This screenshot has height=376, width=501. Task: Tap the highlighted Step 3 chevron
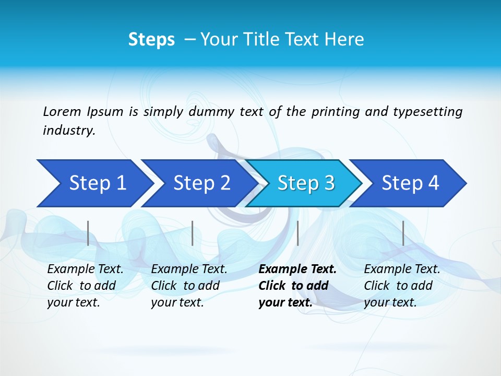[x=306, y=183]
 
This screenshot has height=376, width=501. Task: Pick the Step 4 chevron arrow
[x=410, y=183]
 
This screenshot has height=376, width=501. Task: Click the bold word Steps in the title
[x=151, y=40]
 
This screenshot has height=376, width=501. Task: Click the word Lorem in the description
[x=62, y=112]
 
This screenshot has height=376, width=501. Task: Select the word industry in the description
[x=68, y=131]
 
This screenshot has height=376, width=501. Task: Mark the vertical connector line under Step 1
[x=88, y=233]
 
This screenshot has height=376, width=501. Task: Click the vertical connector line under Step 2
[x=193, y=233]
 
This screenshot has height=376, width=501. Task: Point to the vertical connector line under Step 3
[x=297, y=233]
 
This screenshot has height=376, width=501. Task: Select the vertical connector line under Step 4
[x=403, y=233]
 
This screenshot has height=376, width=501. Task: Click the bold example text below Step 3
[x=296, y=286]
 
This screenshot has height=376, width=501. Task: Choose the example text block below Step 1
[x=85, y=286]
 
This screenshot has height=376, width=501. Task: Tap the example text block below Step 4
[x=402, y=286]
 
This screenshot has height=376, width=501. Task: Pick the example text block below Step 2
[x=189, y=286]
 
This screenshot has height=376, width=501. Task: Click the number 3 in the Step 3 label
[x=329, y=183]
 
